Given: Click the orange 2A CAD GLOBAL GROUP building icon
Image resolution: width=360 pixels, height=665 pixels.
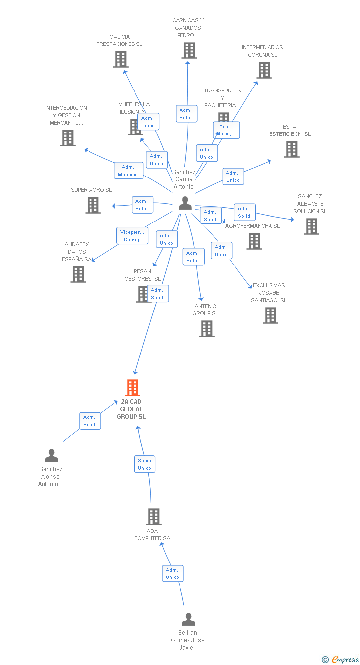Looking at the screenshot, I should click(133, 388).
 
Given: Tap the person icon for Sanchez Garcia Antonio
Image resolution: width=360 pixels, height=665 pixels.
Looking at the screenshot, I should click(185, 203).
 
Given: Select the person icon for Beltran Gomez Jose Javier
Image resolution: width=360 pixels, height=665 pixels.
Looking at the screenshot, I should click(188, 620).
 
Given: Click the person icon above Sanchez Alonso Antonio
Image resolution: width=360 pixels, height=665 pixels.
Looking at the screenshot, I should click(51, 455).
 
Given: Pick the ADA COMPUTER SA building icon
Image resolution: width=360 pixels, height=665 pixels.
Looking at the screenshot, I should click(154, 517).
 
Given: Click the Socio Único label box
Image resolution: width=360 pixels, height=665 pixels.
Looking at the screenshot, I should click(145, 464).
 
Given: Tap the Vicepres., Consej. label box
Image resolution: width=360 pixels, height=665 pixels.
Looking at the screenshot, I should click(133, 236).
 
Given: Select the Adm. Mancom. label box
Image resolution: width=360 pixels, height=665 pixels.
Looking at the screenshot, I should click(129, 171).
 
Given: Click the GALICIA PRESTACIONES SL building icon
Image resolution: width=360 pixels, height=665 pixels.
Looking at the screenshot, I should click(121, 59).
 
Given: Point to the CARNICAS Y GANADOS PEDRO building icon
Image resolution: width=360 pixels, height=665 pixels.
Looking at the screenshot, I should click(189, 50).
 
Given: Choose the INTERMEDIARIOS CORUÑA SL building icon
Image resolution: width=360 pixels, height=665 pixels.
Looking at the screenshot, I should click(264, 70).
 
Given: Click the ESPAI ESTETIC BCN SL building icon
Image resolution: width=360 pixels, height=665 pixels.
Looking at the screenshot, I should click(292, 149).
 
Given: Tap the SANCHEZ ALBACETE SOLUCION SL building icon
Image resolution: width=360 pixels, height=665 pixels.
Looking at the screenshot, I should click(311, 226).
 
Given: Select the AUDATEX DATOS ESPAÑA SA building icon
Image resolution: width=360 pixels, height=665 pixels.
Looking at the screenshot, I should click(78, 274).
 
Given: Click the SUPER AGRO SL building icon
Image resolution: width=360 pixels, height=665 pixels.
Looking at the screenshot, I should click(93, 205).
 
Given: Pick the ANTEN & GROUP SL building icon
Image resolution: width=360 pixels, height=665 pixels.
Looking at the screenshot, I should click(207, 329).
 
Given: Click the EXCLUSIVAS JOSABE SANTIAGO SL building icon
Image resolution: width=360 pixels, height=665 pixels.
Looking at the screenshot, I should click(270, 315).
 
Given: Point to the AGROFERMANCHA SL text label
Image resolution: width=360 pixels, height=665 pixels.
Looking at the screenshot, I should click(252, 226).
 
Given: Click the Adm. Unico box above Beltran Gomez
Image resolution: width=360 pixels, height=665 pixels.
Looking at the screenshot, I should click(173, 574).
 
